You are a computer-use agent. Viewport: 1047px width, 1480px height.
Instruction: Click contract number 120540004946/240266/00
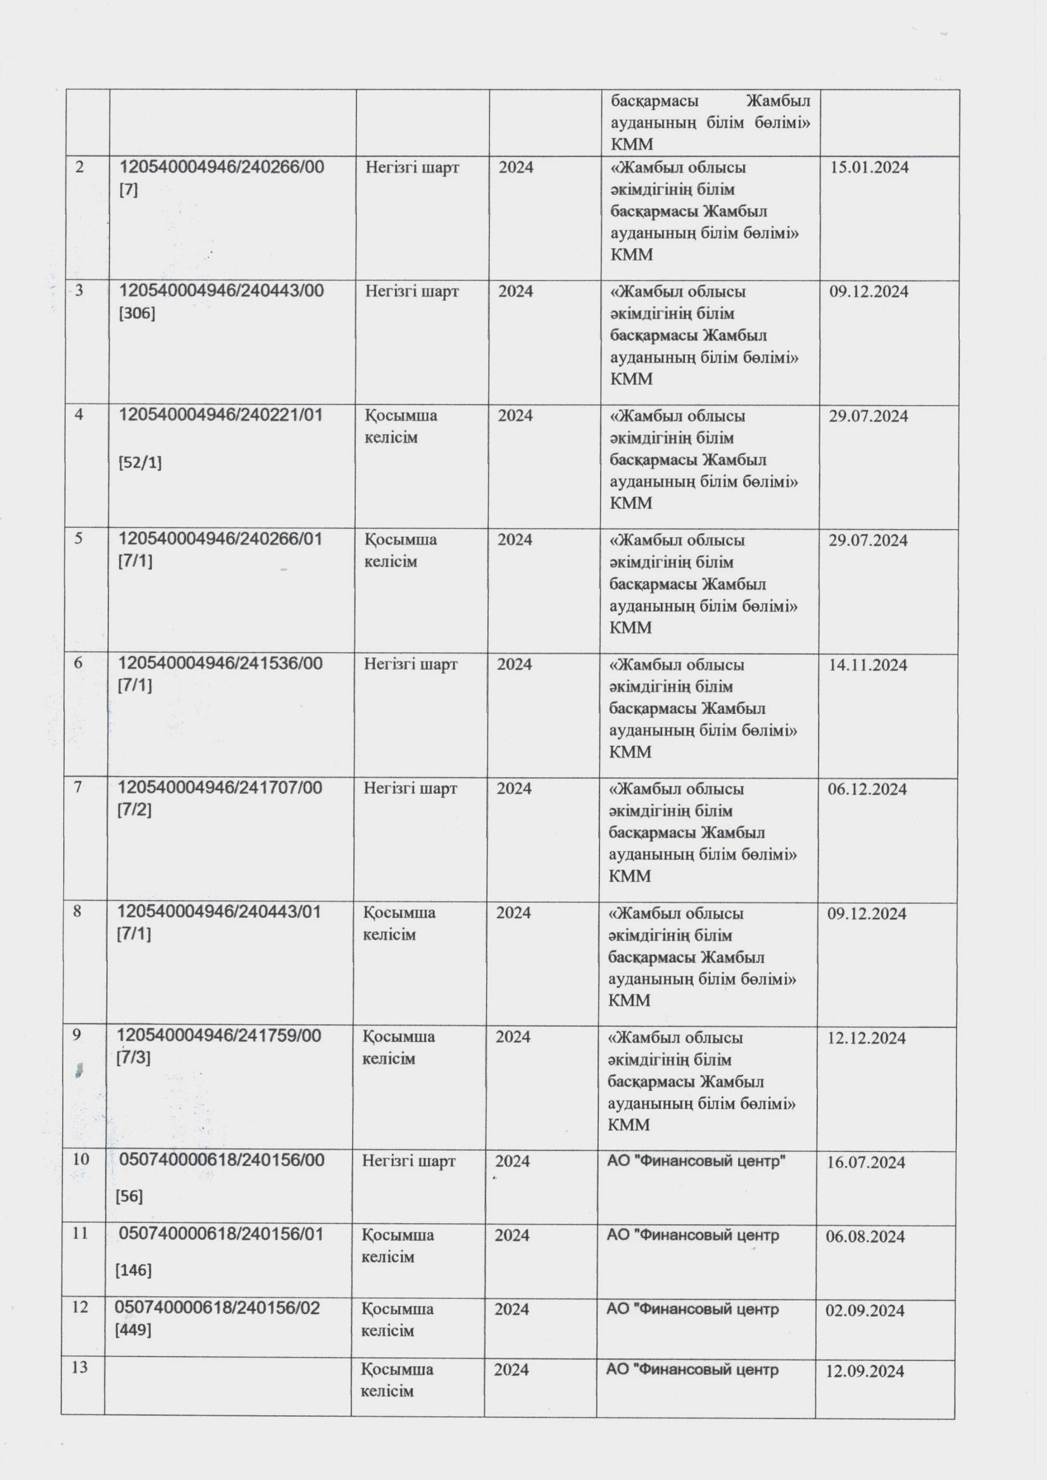click(x=222, y=167)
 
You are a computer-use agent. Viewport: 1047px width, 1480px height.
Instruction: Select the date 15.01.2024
click(x=869, y=168)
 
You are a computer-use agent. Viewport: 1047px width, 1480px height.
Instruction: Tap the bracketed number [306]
click(x=137, y=313)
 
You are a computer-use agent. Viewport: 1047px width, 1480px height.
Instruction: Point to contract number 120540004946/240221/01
click(x=220, y=415)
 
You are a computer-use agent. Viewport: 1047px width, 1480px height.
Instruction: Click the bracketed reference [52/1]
click(x=140, y=462)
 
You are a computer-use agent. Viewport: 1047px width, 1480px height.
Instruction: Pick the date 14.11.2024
click(x=868, y=665)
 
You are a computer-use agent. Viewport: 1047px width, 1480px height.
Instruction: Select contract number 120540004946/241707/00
click(x=219, y=787)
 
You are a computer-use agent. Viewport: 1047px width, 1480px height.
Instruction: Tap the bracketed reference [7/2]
click(x=134, y=810)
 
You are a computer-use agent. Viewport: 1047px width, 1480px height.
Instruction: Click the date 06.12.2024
click(x=867, y=789)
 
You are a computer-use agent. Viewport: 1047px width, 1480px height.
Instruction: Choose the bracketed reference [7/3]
click(x=134, y=1058)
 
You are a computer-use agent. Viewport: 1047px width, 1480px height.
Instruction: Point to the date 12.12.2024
click(x=867, y=1038)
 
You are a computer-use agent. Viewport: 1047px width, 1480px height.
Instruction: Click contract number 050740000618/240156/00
click(x=222, y=1160)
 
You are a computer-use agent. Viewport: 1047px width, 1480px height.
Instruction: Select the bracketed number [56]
click(x=130, y=1196)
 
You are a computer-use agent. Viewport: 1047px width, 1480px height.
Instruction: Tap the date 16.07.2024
click(x=866, y=1162)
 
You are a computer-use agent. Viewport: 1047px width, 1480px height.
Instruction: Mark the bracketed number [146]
click(x=134, y=1270)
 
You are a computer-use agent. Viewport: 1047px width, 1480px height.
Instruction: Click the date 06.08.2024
click(x=865, y=1236)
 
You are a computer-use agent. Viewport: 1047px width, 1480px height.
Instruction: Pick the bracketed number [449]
click(x=133, y=1330)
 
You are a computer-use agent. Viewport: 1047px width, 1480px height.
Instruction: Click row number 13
click(x=79, y=1367)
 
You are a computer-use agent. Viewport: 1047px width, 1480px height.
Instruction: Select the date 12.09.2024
click(x=865, y=1371)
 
